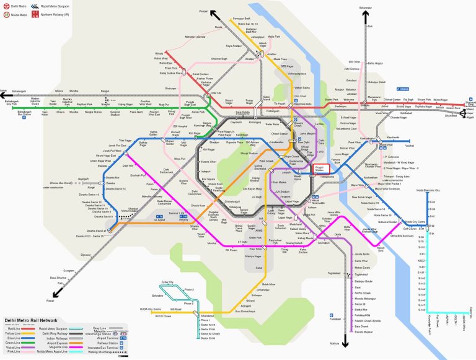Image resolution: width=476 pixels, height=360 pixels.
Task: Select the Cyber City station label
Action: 167,282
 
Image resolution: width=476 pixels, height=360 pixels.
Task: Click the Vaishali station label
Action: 409,146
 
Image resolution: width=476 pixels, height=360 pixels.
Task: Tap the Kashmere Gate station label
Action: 302,104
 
